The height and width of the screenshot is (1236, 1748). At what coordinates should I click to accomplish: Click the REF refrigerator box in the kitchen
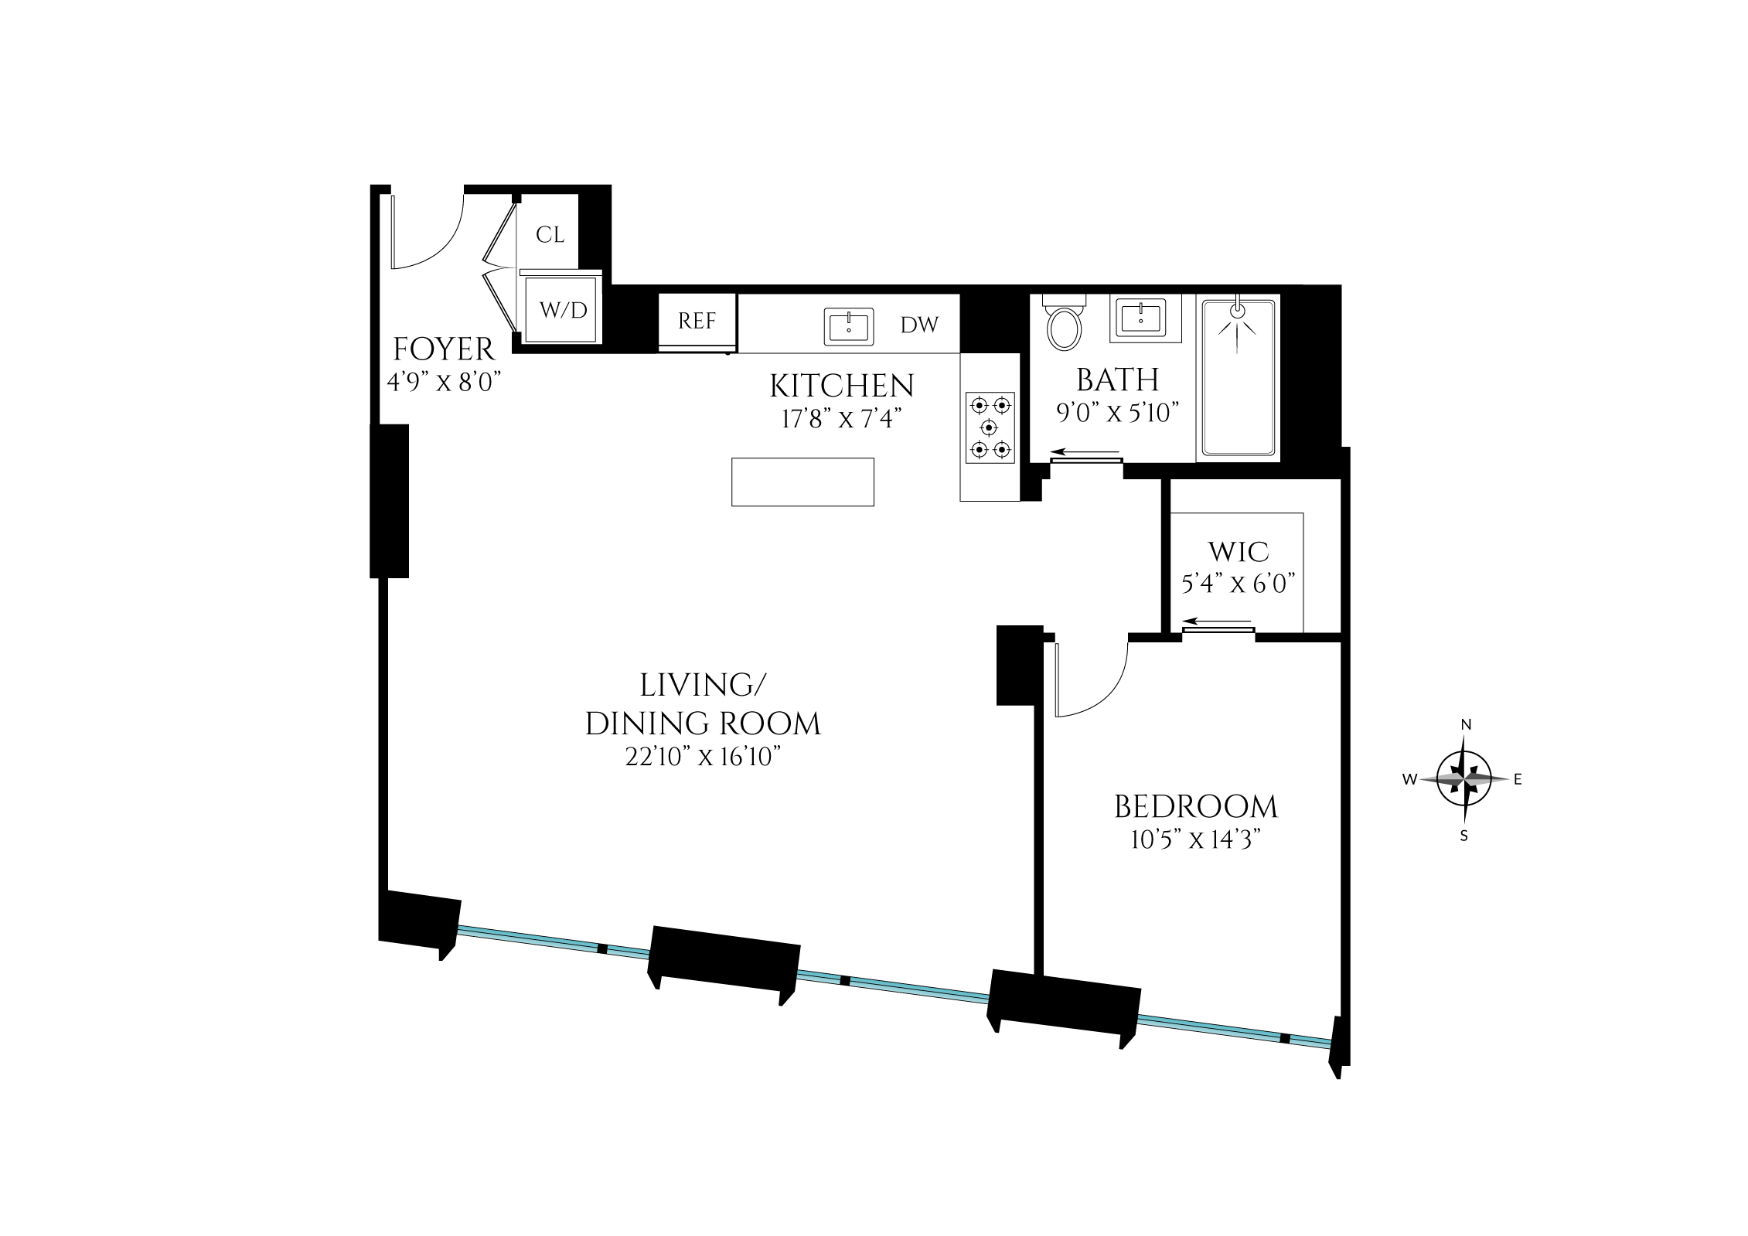coord(697,321)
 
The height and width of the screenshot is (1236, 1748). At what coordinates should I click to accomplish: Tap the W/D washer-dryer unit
coord(563,310)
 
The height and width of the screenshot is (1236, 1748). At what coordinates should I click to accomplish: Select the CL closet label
coord(550,235)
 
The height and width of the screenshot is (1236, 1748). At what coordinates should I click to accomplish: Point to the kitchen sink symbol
coord(848,327)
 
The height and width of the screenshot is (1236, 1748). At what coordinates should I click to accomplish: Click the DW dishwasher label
coord(919,325)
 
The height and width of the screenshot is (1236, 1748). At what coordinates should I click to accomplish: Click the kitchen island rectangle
coord(802,482)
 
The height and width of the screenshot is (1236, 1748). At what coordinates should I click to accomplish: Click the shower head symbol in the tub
coord(1238,310)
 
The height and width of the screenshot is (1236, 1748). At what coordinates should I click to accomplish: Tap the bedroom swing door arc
coord(1098,684)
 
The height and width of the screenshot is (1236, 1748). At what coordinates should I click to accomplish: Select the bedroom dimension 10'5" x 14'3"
coord(1196,840)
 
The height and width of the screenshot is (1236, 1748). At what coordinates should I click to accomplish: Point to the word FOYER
coord(444,350)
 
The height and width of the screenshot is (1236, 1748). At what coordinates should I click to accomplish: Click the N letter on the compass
coord(1465,725)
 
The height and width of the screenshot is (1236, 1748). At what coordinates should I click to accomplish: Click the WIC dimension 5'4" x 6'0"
coord(1238,584)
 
